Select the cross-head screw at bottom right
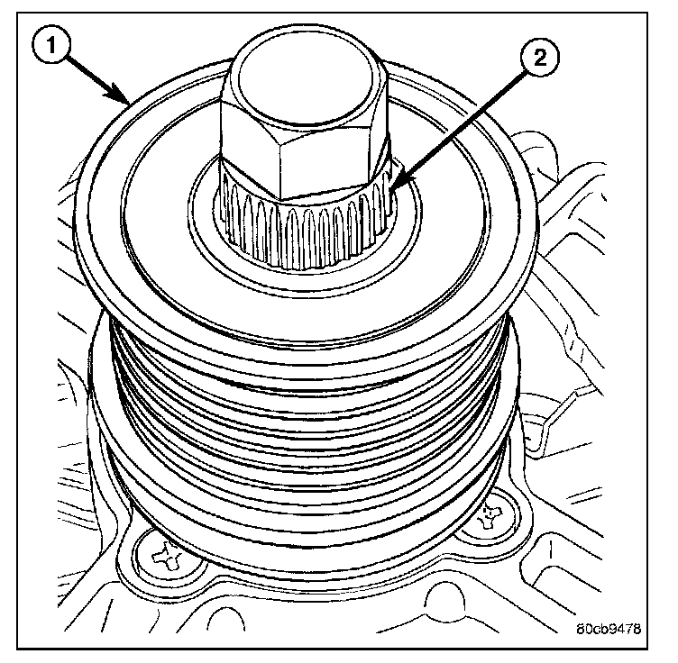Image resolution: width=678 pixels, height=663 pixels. pos(488,515)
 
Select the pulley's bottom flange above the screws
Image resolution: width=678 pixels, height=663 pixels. pos(307,540)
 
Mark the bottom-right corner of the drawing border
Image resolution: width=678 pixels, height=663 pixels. pos(650,646)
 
